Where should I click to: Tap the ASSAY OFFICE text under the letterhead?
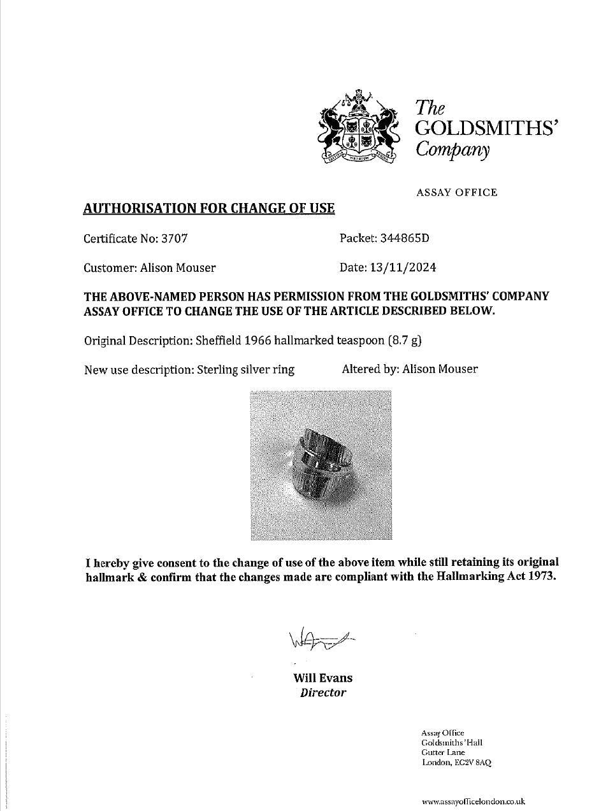[x=456, y=192]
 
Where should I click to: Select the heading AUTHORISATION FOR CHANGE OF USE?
[x=209, y=208]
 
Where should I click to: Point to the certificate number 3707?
[x=174, y=239]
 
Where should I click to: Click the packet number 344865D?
[x=405, y=238]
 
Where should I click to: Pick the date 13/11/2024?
[x=403, y=267]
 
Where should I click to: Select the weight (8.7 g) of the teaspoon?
[x=405, y=341]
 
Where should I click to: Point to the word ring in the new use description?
[x=284, y=370]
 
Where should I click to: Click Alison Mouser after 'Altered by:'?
[x=440, y=369]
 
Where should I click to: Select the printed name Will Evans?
[x=322, y=678]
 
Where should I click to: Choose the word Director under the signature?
[x=323, y=693]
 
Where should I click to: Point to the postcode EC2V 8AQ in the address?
[x=472, y=763]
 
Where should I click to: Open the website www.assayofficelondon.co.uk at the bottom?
[x=473, y=802]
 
